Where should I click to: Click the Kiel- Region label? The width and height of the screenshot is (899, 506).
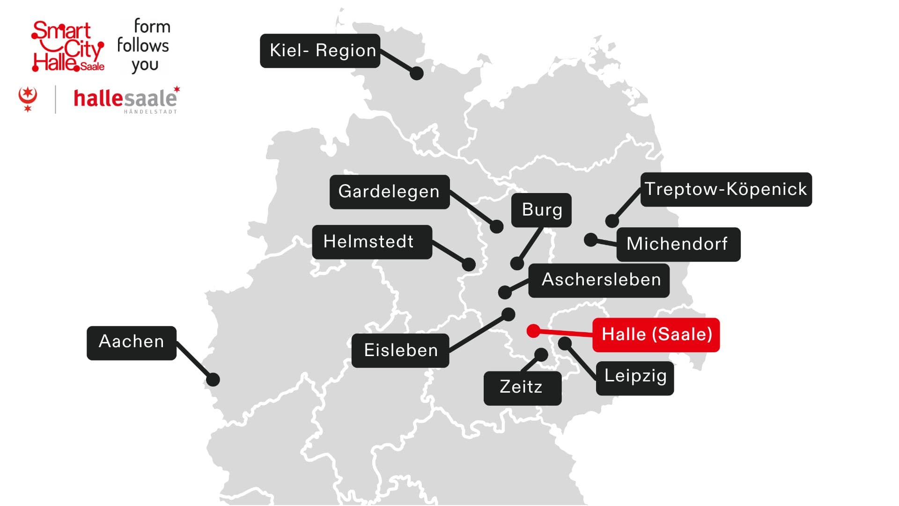point(320,51)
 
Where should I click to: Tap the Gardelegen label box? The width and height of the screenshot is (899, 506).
point(389,192)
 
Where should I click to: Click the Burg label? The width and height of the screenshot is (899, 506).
point(541,210)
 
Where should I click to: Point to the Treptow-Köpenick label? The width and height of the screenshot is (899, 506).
point(726,189)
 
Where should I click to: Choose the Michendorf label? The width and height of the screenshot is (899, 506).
point(678,244)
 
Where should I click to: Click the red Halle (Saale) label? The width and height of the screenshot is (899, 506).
point(656,335)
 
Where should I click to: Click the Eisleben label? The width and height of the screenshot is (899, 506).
point(400,350)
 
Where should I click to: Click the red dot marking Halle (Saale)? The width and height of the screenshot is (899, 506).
point(533,331)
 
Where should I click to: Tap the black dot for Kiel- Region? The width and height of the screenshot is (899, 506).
point(416,73)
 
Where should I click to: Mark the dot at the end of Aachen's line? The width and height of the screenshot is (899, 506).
point(213,379)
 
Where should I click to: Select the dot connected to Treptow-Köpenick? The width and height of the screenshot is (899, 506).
point(612,221)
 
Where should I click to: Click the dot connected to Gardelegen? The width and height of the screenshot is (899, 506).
point(496,227)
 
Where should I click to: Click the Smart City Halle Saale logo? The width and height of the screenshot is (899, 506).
point(68,46)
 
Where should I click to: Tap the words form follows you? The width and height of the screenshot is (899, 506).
point(144,45)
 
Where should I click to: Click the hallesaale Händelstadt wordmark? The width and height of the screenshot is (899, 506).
point(125,100)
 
